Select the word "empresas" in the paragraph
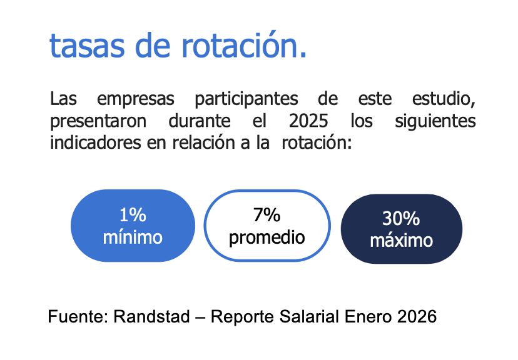[136, 100]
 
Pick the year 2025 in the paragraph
[308, 121]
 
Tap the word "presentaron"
[98, 121]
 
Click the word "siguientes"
[435, 121]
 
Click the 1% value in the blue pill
[132, 216]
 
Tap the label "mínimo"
[132, 237]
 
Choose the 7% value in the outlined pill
[267, 216]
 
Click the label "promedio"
[267, 237]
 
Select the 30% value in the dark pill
[401, 219]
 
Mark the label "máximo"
[401, 240]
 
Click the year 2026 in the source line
[416, 316]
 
